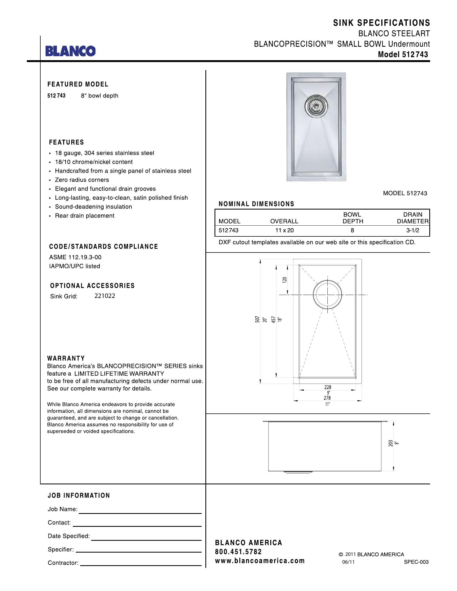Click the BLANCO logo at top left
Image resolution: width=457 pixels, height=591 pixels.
[70, 51]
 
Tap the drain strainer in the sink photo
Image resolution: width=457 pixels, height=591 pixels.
[316, 106]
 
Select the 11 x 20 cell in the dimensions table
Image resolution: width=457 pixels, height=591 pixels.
[284, 230]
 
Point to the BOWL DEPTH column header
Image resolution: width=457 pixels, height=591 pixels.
[352, 218]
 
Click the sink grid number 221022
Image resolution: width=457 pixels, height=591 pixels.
[105, 296]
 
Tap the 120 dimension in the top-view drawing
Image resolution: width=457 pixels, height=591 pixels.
[284, 280]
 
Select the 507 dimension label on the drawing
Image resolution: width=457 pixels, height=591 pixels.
[258, 320]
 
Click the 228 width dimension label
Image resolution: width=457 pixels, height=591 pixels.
[328, 387]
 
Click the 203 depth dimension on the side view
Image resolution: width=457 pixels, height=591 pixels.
[390, 443]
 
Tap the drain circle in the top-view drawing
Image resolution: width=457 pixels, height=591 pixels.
[328, 294]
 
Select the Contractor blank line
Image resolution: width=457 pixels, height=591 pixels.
[141, 565]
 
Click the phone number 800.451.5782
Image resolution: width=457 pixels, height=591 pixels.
[238, 552]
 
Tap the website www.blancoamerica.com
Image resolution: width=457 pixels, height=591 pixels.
[260, 561]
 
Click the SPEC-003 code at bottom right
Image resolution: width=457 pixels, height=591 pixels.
[416, 562]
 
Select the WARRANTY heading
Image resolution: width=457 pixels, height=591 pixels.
[66, 358]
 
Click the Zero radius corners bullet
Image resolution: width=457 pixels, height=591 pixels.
[82, 180]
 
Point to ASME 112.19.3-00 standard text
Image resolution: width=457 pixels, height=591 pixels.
[75, 257]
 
